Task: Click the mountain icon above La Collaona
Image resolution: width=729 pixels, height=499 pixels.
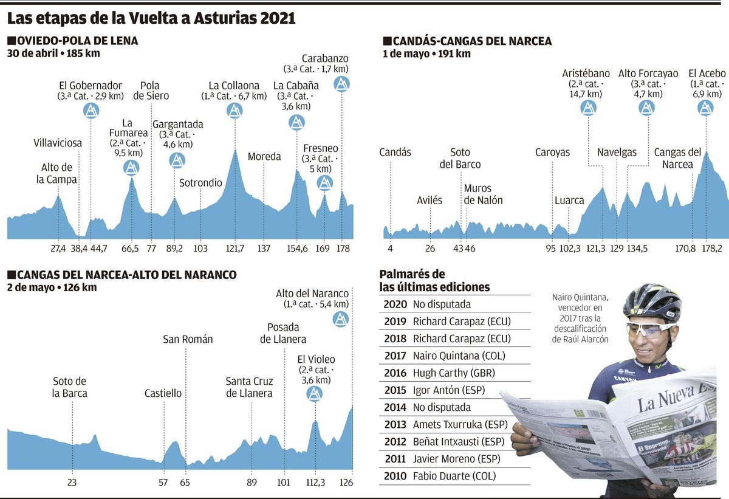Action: [x=235, y=110]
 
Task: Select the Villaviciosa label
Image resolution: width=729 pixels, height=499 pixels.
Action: [x=58, y=143]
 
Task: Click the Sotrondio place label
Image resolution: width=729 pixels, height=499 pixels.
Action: [x=201, y=183]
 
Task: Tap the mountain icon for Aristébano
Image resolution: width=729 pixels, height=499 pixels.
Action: [x=588, y=108]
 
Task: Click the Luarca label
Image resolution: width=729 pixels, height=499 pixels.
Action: [x=569, y=201]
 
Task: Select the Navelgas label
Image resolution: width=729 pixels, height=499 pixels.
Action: [x=617, y=153]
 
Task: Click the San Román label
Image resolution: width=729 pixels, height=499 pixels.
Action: [x=188, y=339]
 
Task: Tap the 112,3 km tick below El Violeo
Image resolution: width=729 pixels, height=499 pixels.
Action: [x=315, y=483]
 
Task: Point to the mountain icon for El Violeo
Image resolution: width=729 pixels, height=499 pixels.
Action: [x=315, y=394]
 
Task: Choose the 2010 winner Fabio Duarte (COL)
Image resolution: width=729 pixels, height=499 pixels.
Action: [x=454, y=477]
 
